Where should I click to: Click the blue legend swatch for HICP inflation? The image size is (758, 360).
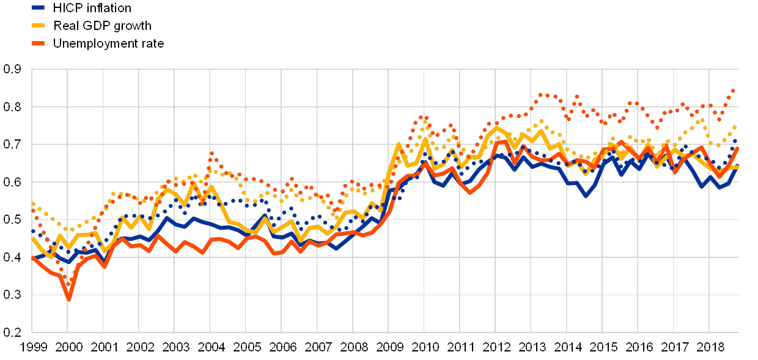pyautogui.click(x=38, y=7)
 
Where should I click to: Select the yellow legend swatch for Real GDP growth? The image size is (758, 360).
pyautogui.click(x=38, y=25)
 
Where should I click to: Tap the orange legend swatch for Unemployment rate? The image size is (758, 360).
pyautogui.click(x=38, y=43)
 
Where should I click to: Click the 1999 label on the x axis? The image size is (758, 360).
pyautogui.click(x=33, y=347)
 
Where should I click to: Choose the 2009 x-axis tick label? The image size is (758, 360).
pyautogui.click(x=389, y=347)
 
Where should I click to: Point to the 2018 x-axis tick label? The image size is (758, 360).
pyautogui.click(x=710, y=347)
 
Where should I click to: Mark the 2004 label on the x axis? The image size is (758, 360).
pyautogui.click(x=211, y=347)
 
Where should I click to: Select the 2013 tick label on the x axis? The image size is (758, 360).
pyautogui.click(x=532, y=347)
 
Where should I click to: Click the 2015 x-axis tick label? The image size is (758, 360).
pyautogui.click(x=603, y=347)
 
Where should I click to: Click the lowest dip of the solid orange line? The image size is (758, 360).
pyautogui.click(x=68, y=299)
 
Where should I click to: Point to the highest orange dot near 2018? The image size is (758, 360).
pyautogui.click(x=732, y=90)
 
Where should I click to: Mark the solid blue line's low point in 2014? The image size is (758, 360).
pyautogui.click(x=586, y=196)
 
